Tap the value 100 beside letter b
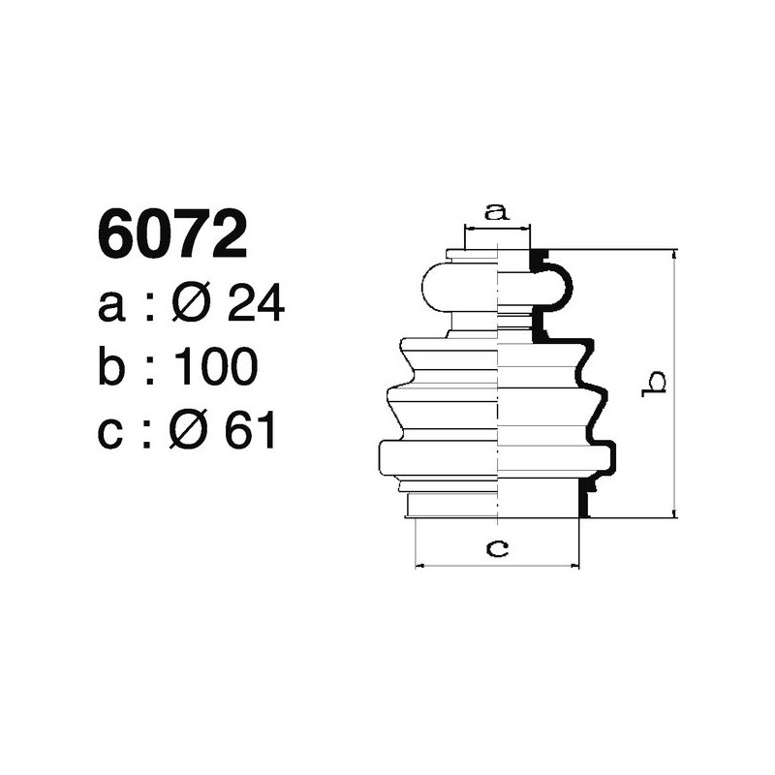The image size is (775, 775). (215, 368)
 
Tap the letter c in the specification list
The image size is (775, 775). (111, 432)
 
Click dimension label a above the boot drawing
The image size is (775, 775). (497, 211)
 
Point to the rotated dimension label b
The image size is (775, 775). (656, 383)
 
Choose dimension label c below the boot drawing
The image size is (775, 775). (497, 549)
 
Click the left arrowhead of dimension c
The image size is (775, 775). (419, 564)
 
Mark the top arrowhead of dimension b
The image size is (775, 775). (673, 255)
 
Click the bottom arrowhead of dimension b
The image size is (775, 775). (673, 512)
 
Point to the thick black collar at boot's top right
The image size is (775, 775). (539, 259)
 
